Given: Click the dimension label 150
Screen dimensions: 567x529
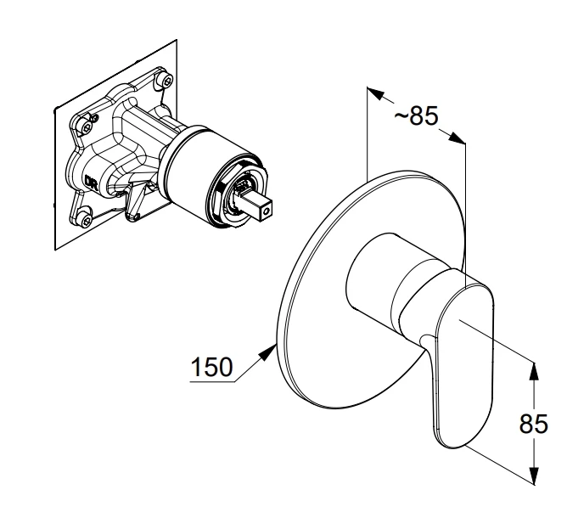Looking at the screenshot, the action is click(212, 367).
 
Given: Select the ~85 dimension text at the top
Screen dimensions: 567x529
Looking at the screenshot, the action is click(416, 115).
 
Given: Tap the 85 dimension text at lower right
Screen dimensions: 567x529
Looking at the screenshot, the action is click(534, 424).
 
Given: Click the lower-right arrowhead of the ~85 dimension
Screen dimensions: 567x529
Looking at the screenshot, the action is click(458, 138).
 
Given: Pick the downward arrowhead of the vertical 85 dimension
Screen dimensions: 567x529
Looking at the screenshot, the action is click(533, 475).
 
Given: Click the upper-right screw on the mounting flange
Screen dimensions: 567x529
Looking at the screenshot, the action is click(166, 81).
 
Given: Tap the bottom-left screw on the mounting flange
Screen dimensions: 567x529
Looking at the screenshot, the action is click(86, 218).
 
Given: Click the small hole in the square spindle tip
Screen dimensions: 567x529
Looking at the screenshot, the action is click(267, 211).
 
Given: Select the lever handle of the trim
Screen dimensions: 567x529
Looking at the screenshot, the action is click(461, 361).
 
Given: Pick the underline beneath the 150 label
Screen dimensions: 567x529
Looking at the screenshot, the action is click(212, 382).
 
